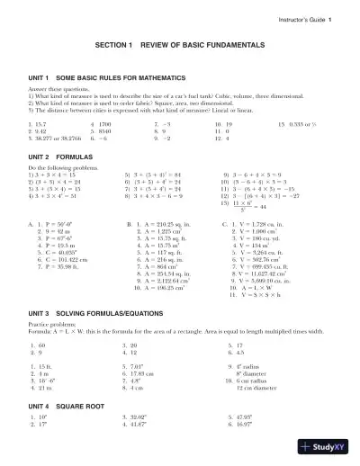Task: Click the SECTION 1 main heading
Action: (180, 69)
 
